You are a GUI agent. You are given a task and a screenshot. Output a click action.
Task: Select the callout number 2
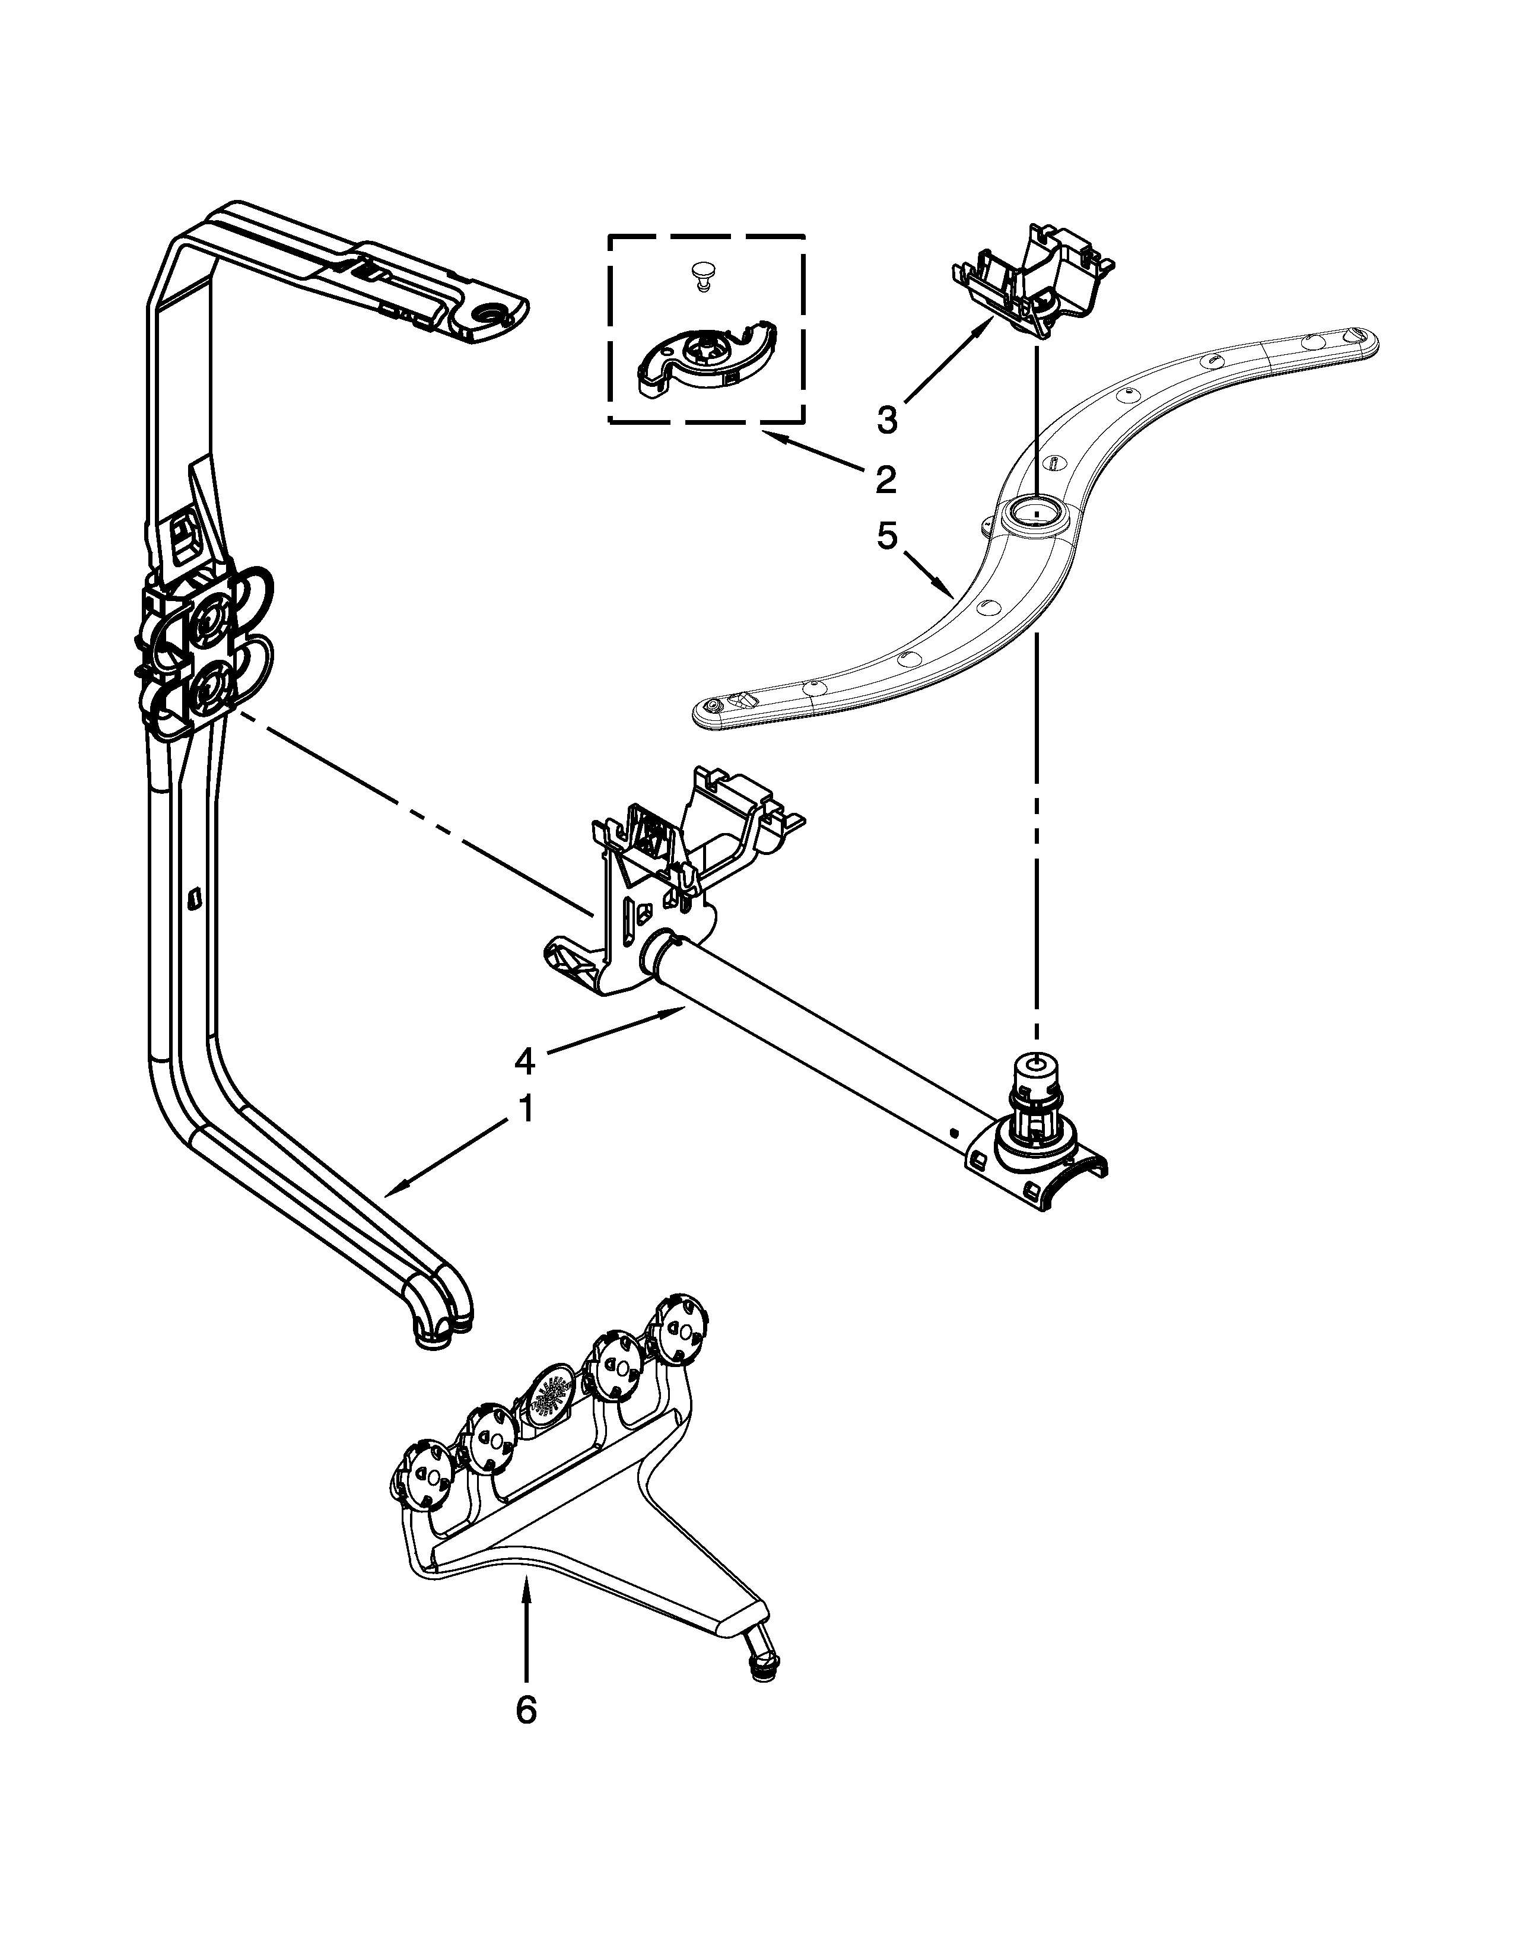(x=885, y=479)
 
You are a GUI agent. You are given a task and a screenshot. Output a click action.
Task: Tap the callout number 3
(x=886, y=419)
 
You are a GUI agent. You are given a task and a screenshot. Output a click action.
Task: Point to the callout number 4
(x=525, y=1061)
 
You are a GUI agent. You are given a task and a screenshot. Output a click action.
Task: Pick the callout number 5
(x=886, y=536)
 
